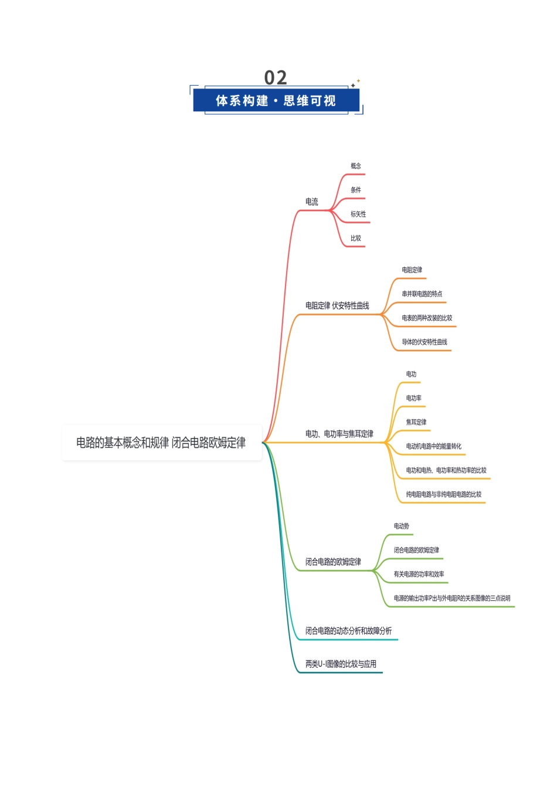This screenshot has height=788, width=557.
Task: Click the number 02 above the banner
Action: (x=276, y=77)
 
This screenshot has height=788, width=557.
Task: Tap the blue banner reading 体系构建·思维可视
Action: (x=276, y=100)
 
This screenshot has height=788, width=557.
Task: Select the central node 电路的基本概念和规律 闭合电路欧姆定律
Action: (x=161, y=443)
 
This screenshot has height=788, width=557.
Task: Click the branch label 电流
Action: (x=312, y=202)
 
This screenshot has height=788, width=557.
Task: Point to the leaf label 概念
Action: (x=356, y=166)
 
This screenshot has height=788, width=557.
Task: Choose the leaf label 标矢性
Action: (x=358, y=214)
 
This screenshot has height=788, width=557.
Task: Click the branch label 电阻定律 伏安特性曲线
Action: (x=337, y=305)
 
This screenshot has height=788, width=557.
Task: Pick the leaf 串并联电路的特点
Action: (x=422, y=294)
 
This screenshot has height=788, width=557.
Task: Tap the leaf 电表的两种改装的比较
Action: (x=427, y=318)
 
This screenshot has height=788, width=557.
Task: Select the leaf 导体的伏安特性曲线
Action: (x=424, y=342)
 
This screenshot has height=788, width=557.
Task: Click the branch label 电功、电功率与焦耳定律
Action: (x=339, y=434)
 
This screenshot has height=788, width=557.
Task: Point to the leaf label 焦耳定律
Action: (x=416, y=422)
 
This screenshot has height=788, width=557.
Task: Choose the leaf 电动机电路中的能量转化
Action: (x=433, y=446)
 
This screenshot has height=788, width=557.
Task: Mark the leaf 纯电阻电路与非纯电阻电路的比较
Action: (x=444, y=494)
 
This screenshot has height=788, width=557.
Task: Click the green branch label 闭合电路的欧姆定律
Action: (x=333, y=562)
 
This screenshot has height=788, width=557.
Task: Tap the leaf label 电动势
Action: (x=401, y=526)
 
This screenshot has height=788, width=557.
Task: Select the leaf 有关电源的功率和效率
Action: (x=419, y=574)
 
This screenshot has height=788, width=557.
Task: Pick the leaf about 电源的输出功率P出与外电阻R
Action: (x=452, y=598)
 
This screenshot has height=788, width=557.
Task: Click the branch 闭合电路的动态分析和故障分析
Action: (x=348, y=631)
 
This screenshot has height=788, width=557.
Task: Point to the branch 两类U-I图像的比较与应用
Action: (x=341, y=664)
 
